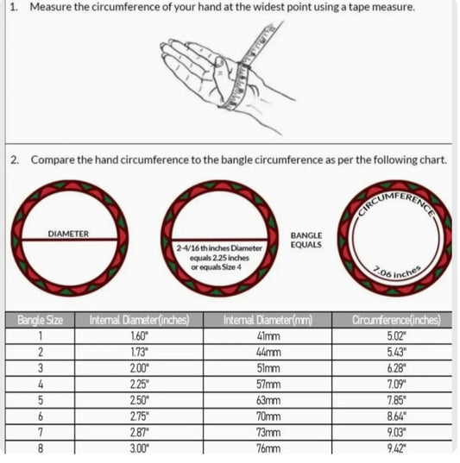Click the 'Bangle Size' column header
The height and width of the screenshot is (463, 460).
41,320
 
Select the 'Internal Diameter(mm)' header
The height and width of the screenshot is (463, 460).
268,320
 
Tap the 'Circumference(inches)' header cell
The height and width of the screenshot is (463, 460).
396,320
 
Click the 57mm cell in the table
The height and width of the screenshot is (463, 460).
268,385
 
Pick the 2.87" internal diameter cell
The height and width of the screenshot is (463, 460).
139,433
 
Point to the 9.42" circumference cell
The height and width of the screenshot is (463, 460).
396,448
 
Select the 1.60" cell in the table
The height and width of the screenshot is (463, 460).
139,336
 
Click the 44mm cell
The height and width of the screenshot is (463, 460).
268,352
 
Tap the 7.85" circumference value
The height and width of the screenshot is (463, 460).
396,400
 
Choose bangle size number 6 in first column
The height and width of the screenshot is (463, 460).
41,416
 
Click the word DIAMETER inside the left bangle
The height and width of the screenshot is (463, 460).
68,234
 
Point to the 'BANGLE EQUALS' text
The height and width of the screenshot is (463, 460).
306,240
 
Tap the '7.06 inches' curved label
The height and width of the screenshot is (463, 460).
397,272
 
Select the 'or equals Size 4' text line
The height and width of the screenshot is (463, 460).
216,267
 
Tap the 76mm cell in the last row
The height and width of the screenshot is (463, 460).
268,448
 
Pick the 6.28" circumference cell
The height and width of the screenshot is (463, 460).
396,368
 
